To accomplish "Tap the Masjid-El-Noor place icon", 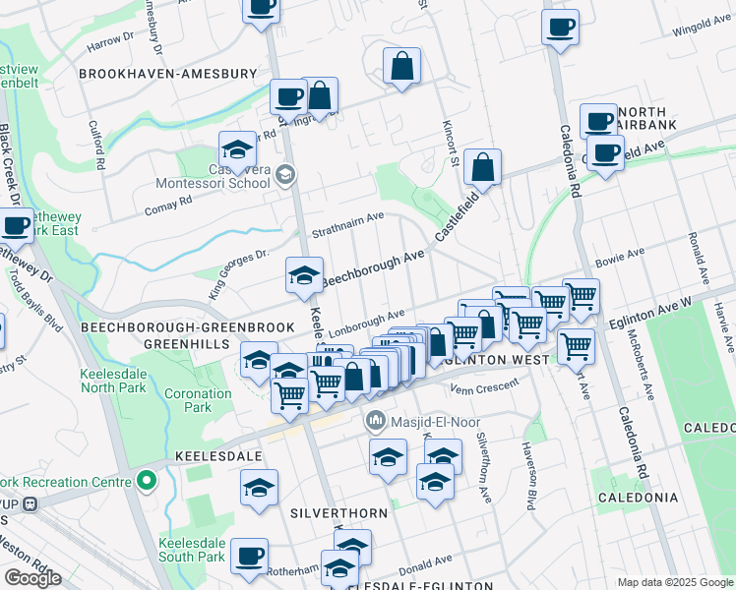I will (x=375, y=422).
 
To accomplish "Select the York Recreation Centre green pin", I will (x=147, y=482).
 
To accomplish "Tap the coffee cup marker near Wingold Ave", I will (x=560, y=27).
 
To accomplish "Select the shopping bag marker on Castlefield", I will (x=482, y=167).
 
